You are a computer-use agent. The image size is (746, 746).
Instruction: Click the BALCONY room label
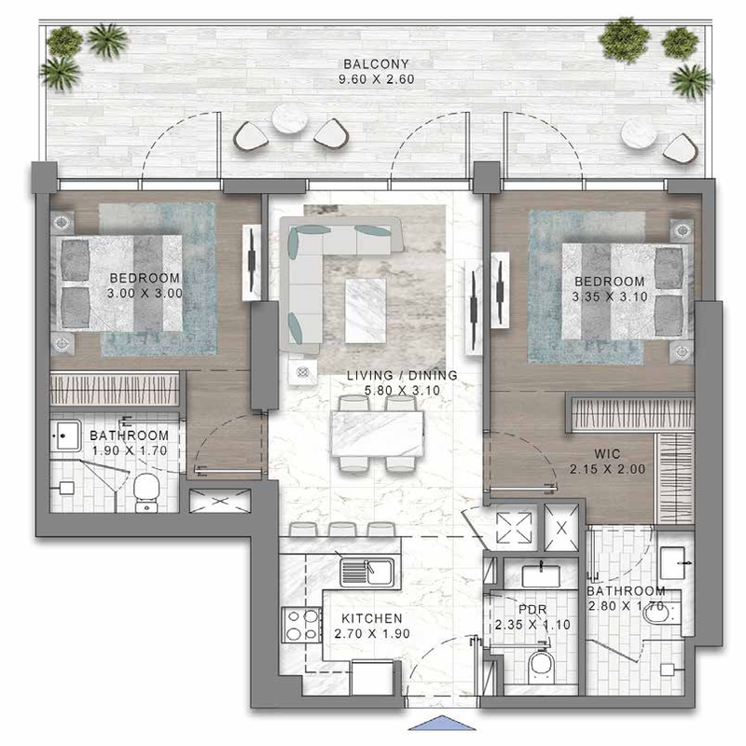pos(376,63)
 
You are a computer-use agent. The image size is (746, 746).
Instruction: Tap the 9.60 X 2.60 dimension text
pos(377,79)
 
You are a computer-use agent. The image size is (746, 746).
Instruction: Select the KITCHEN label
pos(372,618)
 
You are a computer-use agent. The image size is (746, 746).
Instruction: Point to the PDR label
pos(532,610)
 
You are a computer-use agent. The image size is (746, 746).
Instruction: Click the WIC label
pos(608,453)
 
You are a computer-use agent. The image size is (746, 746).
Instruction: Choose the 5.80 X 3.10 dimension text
pos(402,391)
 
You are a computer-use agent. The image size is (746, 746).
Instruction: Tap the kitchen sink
pos(366,573)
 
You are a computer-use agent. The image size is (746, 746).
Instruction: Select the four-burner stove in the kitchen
pos(301,625)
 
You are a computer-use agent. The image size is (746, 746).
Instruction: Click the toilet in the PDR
pos(541,667)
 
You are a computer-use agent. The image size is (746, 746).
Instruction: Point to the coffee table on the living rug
pos(366,311)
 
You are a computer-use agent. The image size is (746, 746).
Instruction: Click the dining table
pos(377,434)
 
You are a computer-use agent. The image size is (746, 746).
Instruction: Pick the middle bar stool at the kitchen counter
pos(342,530)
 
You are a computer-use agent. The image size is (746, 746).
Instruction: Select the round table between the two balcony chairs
pos(289,118)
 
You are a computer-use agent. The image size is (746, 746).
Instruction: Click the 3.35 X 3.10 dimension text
pos(610,297)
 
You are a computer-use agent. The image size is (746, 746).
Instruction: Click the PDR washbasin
pos(541,575)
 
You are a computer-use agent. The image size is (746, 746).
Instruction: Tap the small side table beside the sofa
pos(302,372)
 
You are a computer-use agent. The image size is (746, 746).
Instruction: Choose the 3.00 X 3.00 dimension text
pos(145,293)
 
